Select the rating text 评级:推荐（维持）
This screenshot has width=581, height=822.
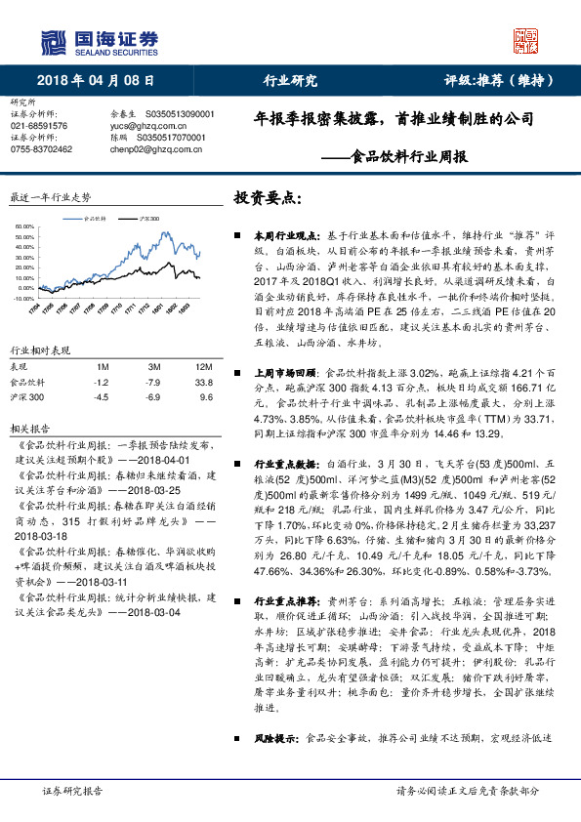(x=501, y=80)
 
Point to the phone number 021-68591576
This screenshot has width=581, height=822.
(x=39, y=126)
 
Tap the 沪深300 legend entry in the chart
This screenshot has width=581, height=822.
(x=149, y=219)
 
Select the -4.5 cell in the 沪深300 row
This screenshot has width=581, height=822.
(x=101, y=398)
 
